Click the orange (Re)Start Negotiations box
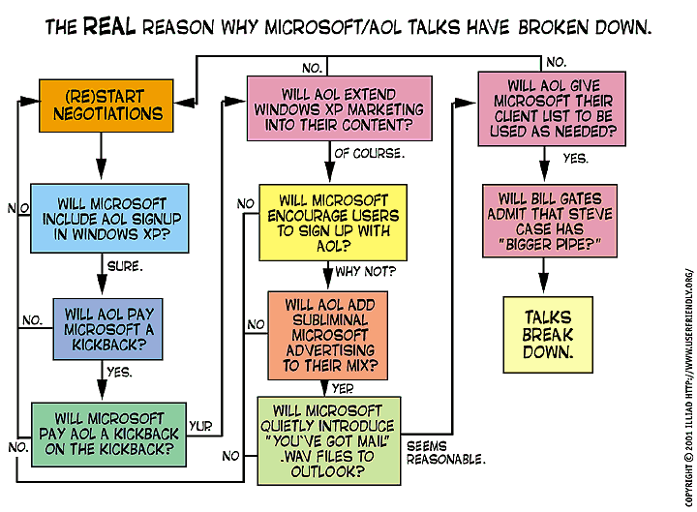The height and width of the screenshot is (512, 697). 100,105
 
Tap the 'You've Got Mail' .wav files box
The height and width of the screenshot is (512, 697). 329,441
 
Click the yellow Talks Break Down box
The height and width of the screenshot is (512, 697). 548,335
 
